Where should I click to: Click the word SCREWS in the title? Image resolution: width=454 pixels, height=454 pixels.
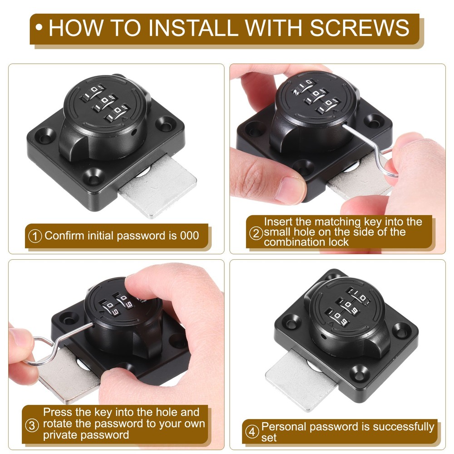(360, 28)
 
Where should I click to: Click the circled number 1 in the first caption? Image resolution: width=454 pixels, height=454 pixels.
(35, 236)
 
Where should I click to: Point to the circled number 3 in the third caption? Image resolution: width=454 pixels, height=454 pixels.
(32, 426)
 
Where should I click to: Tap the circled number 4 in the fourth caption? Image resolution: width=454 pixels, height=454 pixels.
(252, 432)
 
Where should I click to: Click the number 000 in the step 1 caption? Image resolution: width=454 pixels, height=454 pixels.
(190, 236)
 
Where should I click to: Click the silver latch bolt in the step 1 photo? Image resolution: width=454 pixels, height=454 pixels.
(158, 187)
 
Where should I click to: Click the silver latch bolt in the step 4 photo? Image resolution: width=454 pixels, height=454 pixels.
(301, 379)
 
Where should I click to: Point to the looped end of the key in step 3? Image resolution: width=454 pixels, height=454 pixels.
(40, 350)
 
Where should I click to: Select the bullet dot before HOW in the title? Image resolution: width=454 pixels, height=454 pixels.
(39, 28)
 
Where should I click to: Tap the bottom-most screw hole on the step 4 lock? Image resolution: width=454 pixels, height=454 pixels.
(359, 373)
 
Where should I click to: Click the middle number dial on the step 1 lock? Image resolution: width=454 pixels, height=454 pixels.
(105, 104)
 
